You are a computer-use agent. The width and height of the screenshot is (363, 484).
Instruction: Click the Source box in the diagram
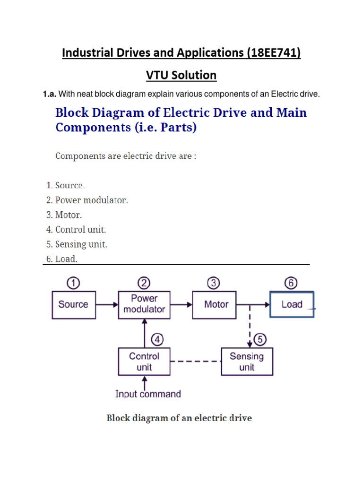pyautogui.click(x=73, y=304)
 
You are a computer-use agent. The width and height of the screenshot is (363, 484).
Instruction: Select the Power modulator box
pyautogui.click(x=144, y=304)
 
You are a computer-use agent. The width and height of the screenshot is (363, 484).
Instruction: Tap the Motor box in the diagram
pyautogui.click(x=216, y=304)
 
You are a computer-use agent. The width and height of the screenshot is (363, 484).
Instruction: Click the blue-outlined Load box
pyautogui.click(x=291, y=304)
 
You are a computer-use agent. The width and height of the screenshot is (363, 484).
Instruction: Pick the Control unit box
pyautogui.click(x=144, y=362)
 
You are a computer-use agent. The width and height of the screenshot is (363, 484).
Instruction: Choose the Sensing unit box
pyautogui.click(x=246, y=362)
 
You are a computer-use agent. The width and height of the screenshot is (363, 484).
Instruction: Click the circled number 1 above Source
pyautogui.click(x=73, y=283)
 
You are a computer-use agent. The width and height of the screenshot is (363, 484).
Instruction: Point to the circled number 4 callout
pyautogui.click(x=157, y=339)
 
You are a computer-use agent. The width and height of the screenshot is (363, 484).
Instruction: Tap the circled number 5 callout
pyautogui.click(x=259, y=339)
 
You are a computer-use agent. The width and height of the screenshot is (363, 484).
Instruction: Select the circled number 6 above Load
pyautogui.click(x=291, y=283)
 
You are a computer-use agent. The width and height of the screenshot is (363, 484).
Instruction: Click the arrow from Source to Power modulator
pyautogui.click(x=107, y=305)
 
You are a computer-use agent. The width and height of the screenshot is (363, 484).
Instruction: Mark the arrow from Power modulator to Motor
pyautogui.click(x=181, y=305)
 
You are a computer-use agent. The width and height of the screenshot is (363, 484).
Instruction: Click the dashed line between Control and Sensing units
pyautogui.click(x=196, y=362)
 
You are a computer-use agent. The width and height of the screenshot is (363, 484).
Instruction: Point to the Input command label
pyautogui.click(x=148, y=394)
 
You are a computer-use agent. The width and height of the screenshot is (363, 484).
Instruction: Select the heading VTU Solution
pyautogui.click(x=181, y=75)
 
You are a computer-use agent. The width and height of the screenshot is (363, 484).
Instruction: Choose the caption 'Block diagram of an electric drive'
pyautogui.click(x=179, y=418)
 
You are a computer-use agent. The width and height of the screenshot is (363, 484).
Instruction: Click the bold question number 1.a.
pyautogui.click(x=50, y=95)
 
